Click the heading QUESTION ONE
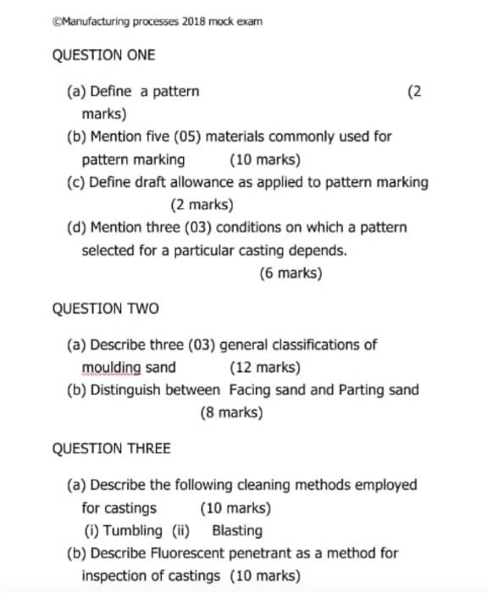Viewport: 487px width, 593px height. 103,55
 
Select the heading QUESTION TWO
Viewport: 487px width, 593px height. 105,308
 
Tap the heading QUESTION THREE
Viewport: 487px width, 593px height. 111,448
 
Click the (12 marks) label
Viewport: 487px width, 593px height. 264,368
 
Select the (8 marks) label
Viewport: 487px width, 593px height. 231,413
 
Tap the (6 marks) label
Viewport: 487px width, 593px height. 291,274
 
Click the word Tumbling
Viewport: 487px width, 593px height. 133,531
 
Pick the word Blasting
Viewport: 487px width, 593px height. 236,531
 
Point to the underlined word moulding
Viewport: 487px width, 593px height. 112,368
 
